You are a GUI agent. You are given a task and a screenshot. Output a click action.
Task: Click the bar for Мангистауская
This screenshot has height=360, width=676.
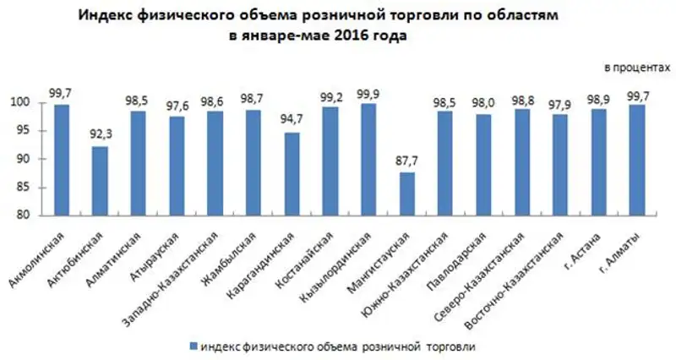coord(406,194)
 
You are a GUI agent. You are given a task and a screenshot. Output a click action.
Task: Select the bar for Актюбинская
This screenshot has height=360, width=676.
coord(100,181)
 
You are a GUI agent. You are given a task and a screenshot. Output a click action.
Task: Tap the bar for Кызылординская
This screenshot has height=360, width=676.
coord(368,160)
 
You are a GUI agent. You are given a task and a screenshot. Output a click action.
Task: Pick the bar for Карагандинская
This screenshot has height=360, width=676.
coord(292,174)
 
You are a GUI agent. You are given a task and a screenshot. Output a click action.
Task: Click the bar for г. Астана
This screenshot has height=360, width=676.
coord(598,162)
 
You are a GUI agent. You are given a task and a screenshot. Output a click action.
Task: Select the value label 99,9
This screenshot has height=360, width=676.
coord(368,94)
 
